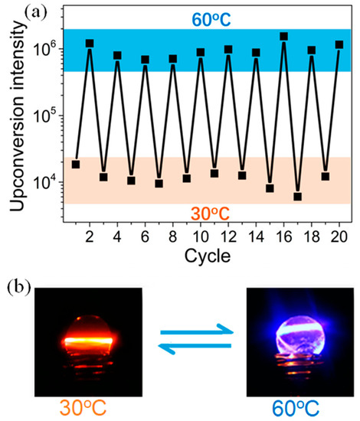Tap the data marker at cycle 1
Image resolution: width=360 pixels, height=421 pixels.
[x=76, y=164]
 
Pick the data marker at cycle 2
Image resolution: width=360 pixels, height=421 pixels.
[x=90, y=44]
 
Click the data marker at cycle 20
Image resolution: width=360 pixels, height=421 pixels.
[x=339, y=45]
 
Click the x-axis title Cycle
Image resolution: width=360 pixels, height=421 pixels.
[x=208, y=256]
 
